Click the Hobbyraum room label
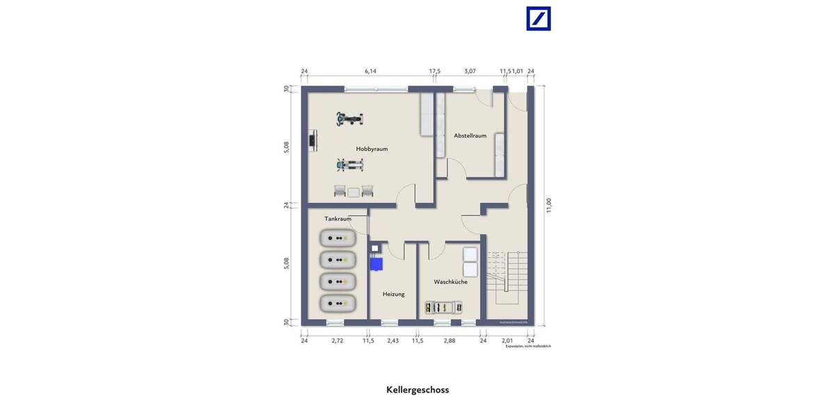point(372,149)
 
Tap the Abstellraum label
point(470,136)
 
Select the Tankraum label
point(337,219)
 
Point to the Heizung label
point(393,294)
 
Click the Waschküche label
point(450,281)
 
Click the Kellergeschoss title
point(417,390)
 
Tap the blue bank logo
point(539,19)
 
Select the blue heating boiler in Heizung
point(376,263)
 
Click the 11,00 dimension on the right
point(548,206)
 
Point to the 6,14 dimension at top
point(370,71)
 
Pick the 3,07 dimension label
point(470,71)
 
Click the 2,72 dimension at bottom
point(337,341)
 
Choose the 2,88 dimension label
point(450,341)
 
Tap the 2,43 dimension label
point(393,341)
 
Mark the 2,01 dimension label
point(507,341)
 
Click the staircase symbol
point(507,278)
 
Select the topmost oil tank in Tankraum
point(338,238)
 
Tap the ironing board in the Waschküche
point(443,307)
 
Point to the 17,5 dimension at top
point(434,71)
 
